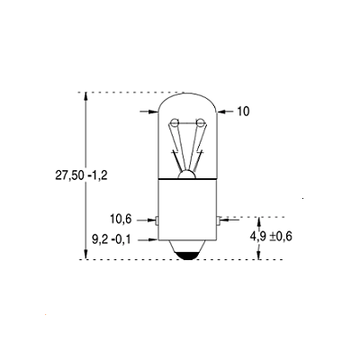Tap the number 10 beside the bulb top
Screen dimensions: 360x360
(244, 112)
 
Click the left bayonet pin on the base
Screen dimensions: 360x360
(157, 219)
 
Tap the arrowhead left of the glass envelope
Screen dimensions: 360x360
(154, 112)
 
